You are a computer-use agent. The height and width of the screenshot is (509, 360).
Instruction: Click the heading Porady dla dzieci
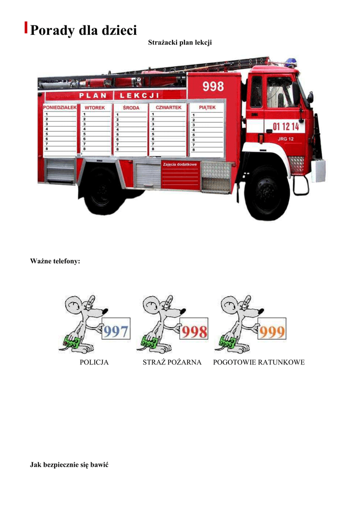click(83, 30)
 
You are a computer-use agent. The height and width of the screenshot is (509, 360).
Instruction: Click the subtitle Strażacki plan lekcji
click(180, 43)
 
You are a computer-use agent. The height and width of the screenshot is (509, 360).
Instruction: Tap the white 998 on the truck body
click(213, 86)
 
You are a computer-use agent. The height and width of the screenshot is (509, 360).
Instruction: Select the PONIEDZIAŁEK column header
click(60, 107)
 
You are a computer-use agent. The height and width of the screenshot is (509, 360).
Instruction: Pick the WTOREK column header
click(94, 107)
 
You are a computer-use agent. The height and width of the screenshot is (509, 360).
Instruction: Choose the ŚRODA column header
click(131, 107)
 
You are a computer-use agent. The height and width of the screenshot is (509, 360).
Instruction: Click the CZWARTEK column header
click(169, 107)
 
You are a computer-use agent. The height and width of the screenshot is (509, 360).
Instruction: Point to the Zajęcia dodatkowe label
click(180, 164)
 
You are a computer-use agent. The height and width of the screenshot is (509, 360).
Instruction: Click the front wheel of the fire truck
click(267, 193)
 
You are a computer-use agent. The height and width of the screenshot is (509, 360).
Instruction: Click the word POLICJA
click(94, 362)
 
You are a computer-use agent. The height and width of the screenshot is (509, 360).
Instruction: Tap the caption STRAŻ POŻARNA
click(172, 362)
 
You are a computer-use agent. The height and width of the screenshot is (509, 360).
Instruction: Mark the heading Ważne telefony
click(55, 261)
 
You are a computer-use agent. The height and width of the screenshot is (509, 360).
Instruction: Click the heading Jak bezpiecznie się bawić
click(69, 465)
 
